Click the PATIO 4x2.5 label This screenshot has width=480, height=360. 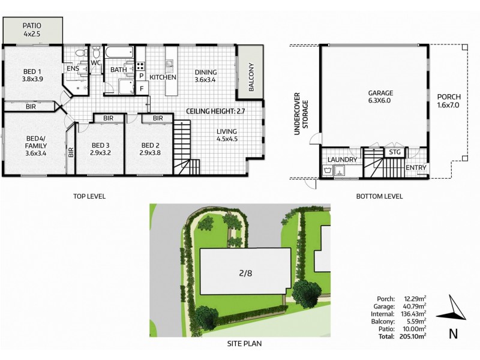click(x=32, y=30)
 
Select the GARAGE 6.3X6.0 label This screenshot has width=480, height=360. click(x=380, y=97)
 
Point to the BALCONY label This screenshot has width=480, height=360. click(x=252, y=77)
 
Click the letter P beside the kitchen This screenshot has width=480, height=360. click(x=141, y=76)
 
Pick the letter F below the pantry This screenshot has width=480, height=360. click(x=141, y=89)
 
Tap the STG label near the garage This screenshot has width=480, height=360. click(x=394, y=153)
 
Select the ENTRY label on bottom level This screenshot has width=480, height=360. click(x=416, y=167)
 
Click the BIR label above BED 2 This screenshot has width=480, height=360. click(x=158, y=118)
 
